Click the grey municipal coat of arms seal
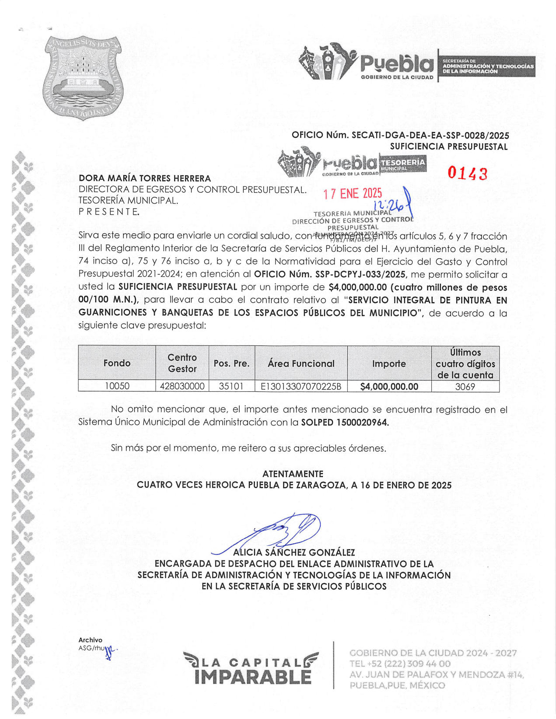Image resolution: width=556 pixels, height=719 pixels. (x=83, y=78)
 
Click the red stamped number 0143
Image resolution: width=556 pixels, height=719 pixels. (x=467, y=173)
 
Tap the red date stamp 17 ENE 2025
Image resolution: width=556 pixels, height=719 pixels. (x=353, y=194)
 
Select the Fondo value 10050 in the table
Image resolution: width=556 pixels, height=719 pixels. (x=117, y=386)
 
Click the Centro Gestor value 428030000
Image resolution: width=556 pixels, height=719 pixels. (x=182, y=386)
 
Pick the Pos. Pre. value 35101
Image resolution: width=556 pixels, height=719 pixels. (x=231, y=386)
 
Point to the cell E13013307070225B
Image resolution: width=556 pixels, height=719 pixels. (x=301, y=386)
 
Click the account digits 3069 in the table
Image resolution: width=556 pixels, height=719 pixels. (x=465, y=387)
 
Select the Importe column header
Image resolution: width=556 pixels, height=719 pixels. (x=389, y=363)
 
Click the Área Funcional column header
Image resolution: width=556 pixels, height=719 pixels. (x=301, y=363)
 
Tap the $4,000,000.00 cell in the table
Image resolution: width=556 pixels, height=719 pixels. (x=389, y=387)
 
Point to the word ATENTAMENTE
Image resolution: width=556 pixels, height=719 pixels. (x=293, y=474)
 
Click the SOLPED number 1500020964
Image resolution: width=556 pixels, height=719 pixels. (x=362, y=422)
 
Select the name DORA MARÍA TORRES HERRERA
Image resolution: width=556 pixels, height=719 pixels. (x=145, y=178)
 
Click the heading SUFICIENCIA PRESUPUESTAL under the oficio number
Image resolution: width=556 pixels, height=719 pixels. (x=449, y=147)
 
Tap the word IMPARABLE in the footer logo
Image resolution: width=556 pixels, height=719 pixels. (x=253, y=677)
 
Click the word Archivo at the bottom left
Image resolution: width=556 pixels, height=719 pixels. (x=90, y=640)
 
